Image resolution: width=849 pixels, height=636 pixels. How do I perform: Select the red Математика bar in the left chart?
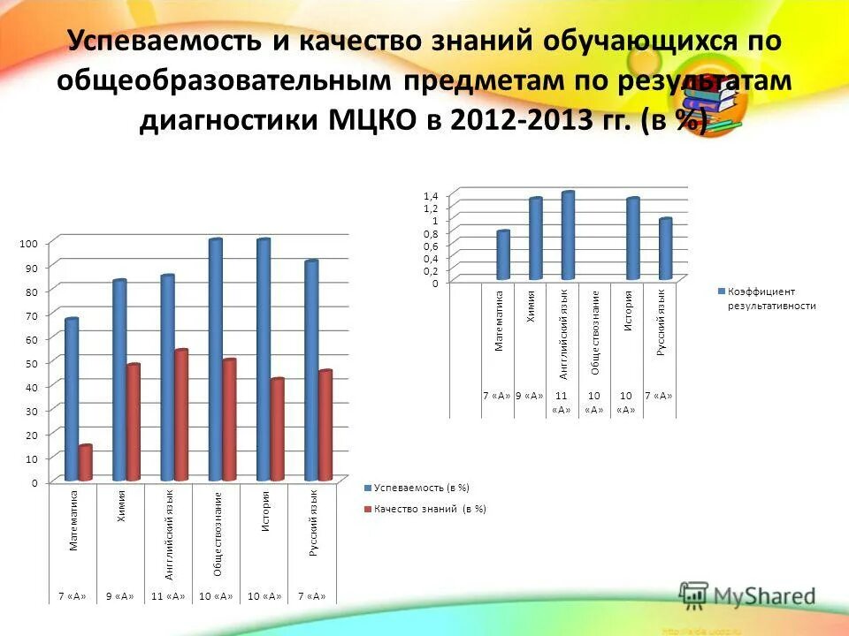[x=85, y=463]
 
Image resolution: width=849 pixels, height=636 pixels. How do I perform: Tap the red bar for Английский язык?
[x=180, y=415]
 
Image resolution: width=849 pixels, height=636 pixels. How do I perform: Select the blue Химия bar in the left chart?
[x=119, y=380]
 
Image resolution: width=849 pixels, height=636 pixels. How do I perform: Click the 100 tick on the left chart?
[x=28, y=242]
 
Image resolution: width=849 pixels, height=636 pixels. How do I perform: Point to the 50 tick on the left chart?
[x=30, y=363]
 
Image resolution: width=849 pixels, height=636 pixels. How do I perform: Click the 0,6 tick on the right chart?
[x=431, y=246]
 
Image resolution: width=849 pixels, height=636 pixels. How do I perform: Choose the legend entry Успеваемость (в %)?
[x=421, y=488]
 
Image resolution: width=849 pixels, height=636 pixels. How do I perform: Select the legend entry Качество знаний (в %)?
[x=430, y=509]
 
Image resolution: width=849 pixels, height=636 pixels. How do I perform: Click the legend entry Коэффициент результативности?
[x=766, y=298]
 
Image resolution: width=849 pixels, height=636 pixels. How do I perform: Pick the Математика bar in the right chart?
[x=503, y=255]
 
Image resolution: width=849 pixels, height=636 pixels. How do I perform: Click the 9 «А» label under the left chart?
[x=119, y=596]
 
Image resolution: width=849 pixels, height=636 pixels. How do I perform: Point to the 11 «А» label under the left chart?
[x=167, y=596]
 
